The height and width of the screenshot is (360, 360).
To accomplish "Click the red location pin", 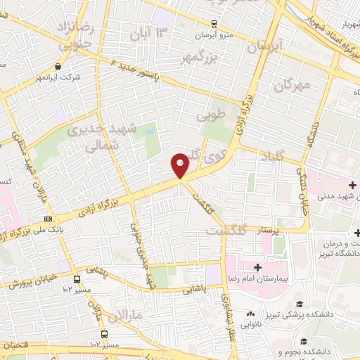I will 180,165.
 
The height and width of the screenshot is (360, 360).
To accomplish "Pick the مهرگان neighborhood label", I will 292,86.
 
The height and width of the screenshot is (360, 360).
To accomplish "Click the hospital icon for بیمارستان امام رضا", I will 257,267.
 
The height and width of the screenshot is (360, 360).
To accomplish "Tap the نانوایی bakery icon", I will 250,314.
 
